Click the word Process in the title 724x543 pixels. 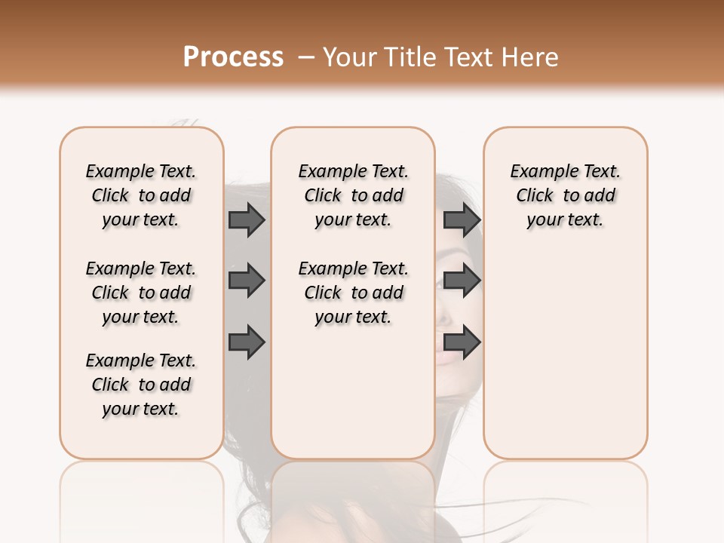pyautogui.click(x=233, y=57)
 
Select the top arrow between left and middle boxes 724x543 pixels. pyautogui.click(x=247, y=220)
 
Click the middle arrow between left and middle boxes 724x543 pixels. pyautogui.click(x=247, y=281)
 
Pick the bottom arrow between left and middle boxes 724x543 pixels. pyautogui.click(x=247, y=343)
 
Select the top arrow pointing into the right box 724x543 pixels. pyautogui.click(x=462, y=220)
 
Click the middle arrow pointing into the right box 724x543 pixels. pyautogui.click(x=462, y=281)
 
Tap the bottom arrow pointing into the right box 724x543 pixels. pyautogui.click(x=462, y=343)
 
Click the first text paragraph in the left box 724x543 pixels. pyautogui.click(x=141, y=195)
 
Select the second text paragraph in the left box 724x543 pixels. pyautogui.click(x=141, y=293)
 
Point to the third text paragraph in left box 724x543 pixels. pyautogui.click(x=141, y=385)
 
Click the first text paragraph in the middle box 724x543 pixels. pyautogui.click(x=354, y=195)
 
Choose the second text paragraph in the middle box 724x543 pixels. pyautogui.click(x=354, y=293)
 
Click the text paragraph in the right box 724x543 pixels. pyautogui.click(x=566, y=195)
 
